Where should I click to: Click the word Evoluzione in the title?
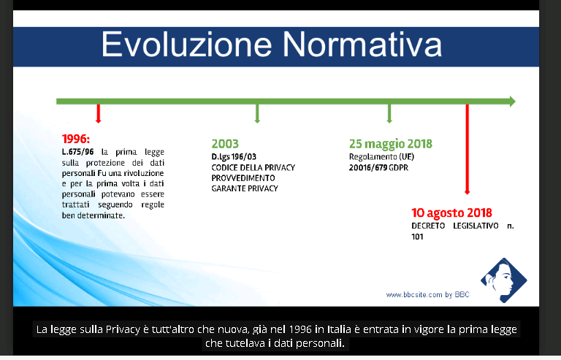[186, 45]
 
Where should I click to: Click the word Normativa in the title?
[363, 45]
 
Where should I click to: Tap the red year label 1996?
[76, 139]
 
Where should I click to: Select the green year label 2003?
[225, 144]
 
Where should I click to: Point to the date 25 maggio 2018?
[391, 144]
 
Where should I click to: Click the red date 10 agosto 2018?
[452, 212]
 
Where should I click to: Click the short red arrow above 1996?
[99, 114]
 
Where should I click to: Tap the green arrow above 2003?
[257, 114]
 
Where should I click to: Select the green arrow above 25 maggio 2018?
[389, 114]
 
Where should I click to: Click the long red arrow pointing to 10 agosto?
[467, 150]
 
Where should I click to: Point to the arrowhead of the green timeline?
[512, 102]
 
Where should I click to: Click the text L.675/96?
[77, 152]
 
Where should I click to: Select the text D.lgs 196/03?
[234, 157]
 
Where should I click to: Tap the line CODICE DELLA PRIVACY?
[253, 168]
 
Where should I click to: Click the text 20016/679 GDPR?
[378, 168]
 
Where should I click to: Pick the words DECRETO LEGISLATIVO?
[455, 226]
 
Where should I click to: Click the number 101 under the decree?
[417, 237]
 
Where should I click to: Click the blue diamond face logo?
[504, 280]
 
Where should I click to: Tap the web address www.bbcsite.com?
[414, 295]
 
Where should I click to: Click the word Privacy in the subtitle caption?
[123, 329]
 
